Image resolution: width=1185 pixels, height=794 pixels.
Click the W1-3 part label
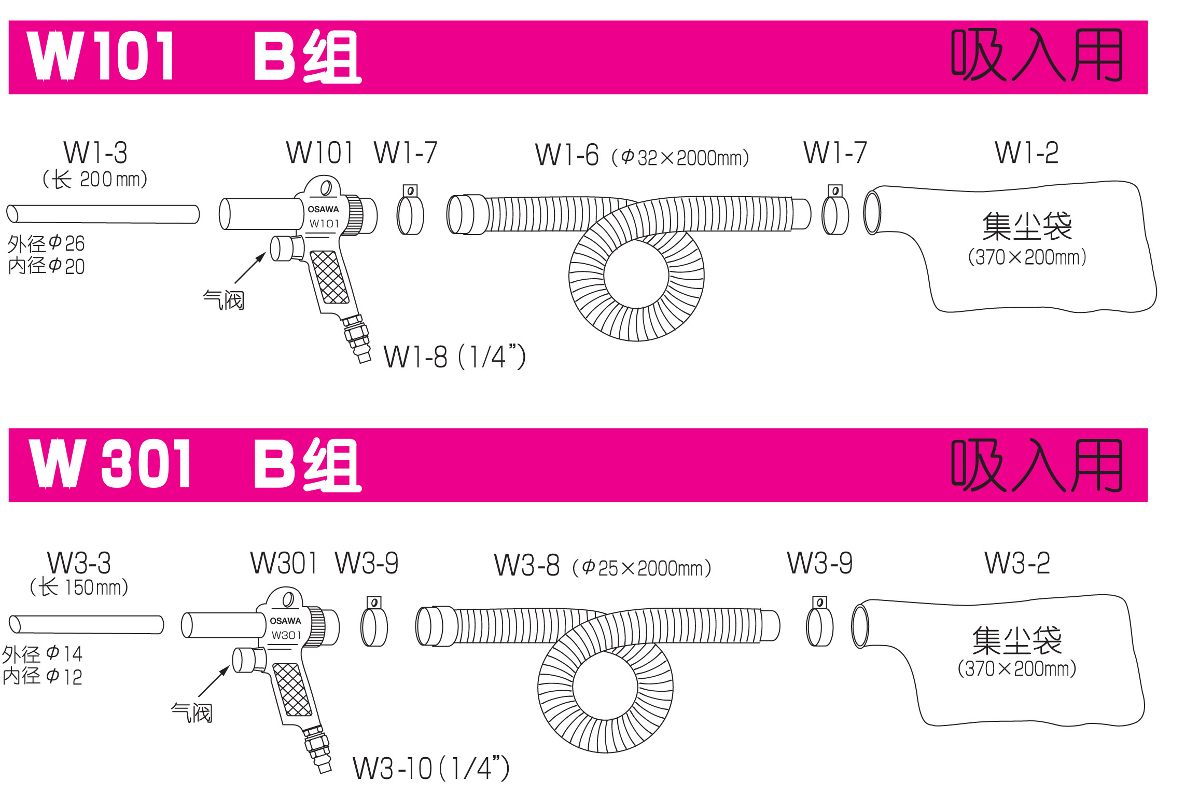click(x=95, y=153)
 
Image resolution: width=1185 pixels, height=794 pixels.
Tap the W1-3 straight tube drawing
click(x=103, y=214)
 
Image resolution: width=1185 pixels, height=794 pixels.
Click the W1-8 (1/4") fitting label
click(x=455, y=357)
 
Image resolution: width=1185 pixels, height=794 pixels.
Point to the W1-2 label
click(x=1027, y=153)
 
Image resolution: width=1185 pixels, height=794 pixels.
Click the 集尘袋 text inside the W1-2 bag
click(x=1027, y=226)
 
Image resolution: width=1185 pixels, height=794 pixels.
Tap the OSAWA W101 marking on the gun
click(x=324, y=216)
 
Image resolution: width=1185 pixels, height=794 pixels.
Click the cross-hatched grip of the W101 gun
click(x=329, y=277)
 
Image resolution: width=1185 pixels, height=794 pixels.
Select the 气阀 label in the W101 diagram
click(x=223, y=300)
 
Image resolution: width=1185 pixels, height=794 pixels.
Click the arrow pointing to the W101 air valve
click(x=250, y=267)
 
